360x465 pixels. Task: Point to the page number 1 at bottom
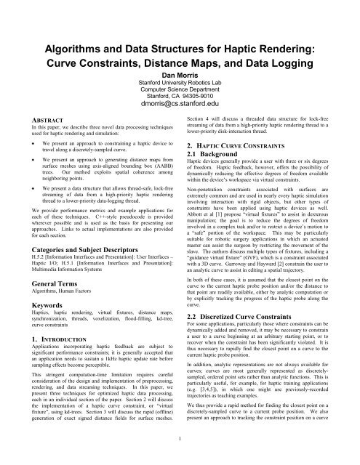pos(180,456)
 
